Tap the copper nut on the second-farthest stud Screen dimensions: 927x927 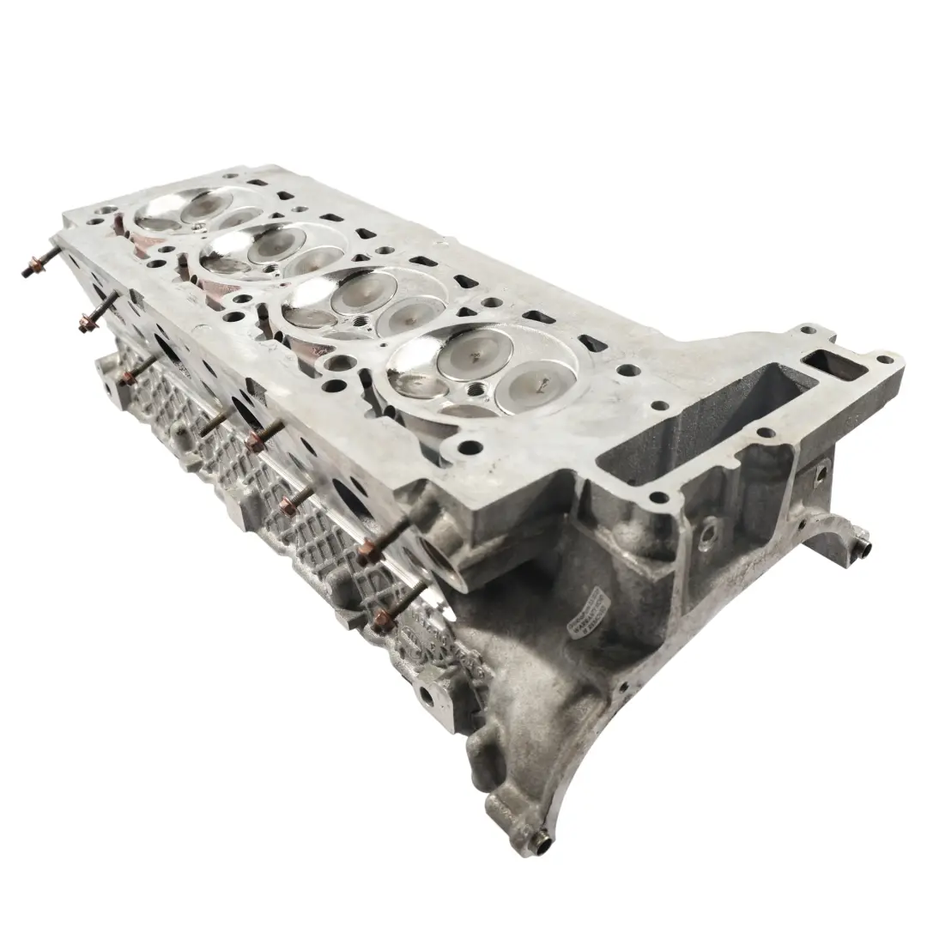click(86, 324)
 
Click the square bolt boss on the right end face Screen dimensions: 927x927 click(820, 472)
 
